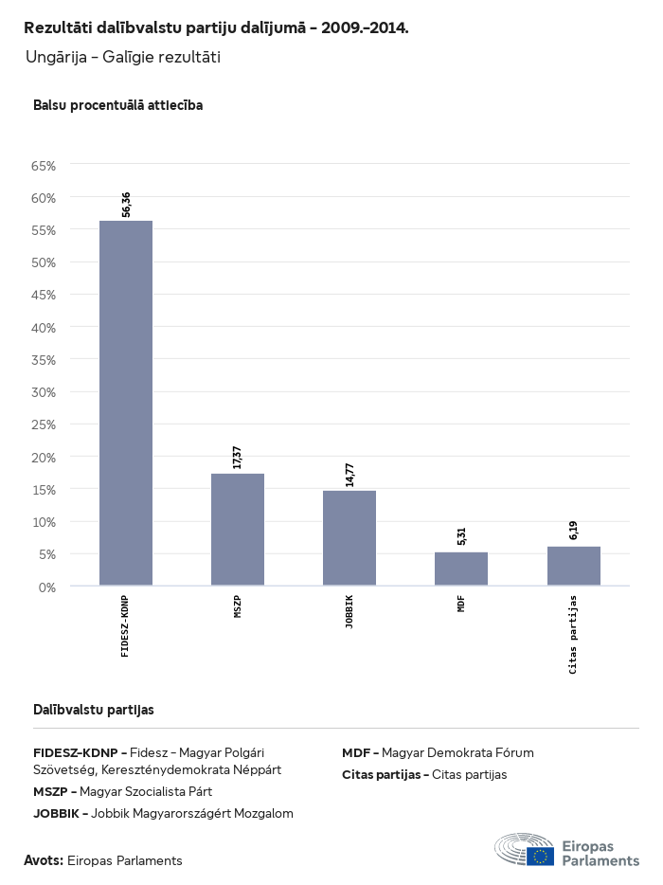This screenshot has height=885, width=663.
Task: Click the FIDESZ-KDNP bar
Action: (126, 403)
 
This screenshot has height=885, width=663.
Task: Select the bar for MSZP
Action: (238, 529)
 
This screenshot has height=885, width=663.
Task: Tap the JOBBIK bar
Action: (349, 537)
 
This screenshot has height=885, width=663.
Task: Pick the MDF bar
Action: (461, 569)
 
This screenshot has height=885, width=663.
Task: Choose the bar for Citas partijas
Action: (574, 566)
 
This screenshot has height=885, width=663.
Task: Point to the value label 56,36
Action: (127, 205)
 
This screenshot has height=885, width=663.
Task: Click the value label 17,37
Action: (238, 457)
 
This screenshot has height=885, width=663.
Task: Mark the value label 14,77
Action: (349, 474)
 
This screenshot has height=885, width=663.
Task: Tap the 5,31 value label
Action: (461, 536)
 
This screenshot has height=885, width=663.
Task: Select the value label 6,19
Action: (574, 531)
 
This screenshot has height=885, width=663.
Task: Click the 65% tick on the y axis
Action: (45, 166)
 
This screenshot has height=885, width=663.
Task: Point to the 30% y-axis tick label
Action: (45, 392)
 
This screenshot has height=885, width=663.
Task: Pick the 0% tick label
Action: (47, 587)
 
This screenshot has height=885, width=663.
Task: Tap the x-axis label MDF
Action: (461, 604)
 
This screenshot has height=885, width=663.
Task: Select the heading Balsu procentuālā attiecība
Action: (117, 105)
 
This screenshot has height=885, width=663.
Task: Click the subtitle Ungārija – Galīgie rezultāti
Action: (123, 58)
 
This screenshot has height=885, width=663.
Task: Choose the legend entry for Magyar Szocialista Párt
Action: (122, 791)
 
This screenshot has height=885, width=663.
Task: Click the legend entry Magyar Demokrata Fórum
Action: (438, 753)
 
